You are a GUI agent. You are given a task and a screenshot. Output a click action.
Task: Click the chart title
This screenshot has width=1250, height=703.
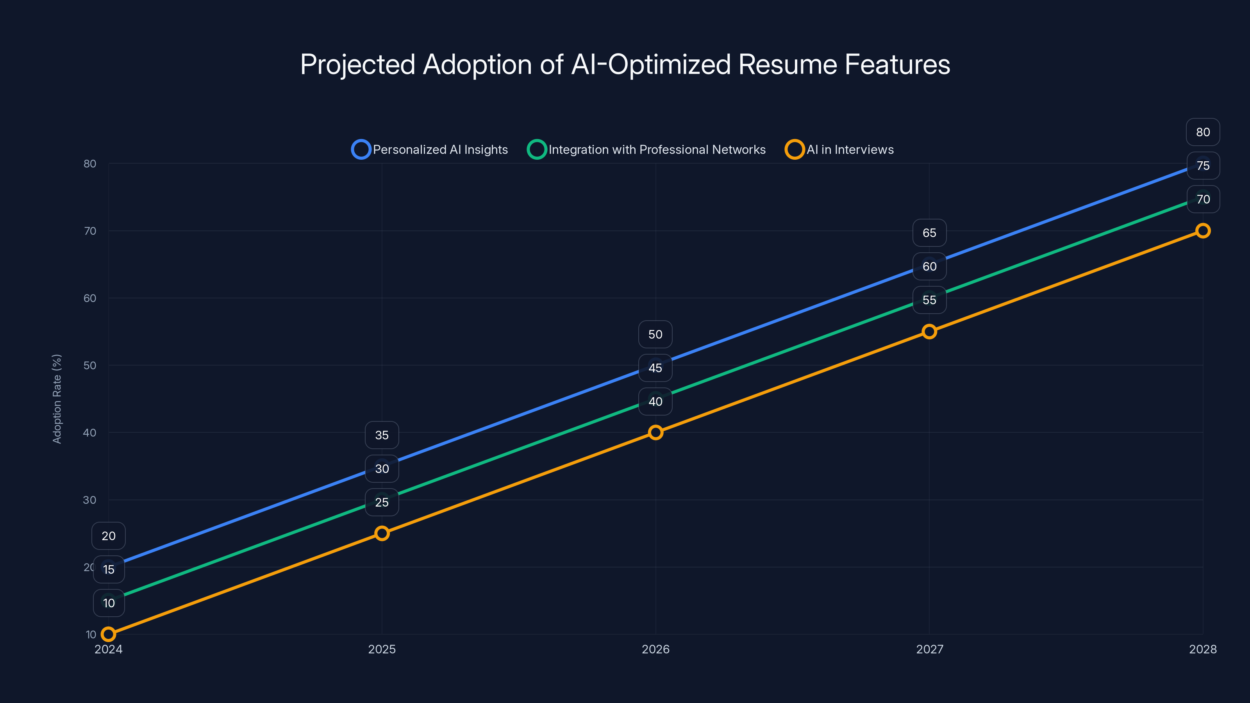[625, 64]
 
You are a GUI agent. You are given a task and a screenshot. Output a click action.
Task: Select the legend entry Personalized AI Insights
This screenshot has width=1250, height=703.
[430, 150]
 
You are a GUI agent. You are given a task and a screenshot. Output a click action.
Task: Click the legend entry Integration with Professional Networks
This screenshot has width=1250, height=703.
[646, 150]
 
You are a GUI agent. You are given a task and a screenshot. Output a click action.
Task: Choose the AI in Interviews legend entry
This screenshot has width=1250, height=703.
[839, 150]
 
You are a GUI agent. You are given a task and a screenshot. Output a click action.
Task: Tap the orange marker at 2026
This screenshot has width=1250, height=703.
[655, 432]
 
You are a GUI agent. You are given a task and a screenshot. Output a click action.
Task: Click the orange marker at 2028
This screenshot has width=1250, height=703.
[1202, 230]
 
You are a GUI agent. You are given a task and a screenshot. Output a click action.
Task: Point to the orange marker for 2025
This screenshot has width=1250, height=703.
[382, 533]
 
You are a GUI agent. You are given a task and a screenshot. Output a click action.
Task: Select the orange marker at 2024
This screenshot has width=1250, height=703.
[108, 634]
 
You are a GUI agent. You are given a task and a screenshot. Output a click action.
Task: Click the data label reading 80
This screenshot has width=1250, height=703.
[1202, 132]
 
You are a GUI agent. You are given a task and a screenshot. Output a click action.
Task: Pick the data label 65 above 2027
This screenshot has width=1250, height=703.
[929, 233]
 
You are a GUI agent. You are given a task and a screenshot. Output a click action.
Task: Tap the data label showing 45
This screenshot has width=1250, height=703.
[655, 368]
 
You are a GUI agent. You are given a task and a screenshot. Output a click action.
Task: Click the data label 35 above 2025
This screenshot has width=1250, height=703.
[382, 435]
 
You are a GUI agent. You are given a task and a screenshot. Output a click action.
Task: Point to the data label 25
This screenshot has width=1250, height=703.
[382, 502]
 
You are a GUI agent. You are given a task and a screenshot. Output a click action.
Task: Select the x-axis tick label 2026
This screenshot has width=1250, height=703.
[655, 649]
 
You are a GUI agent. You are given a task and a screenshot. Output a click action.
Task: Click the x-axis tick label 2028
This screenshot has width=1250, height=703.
[1202, 649]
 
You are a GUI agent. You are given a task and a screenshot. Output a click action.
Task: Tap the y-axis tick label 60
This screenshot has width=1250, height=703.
[90, 298]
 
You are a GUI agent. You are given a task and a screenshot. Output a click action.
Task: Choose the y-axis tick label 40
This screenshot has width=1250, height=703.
[90, 432]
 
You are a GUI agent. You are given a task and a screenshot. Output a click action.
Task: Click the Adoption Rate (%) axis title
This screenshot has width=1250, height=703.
[57, 399]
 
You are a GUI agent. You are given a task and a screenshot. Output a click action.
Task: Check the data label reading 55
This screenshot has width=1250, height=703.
[929, 300]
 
